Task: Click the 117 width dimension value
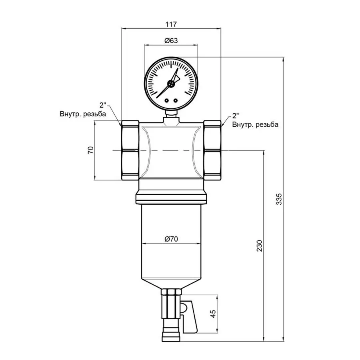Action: [x=171, y=24]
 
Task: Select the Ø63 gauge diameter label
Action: [x=171, y=41]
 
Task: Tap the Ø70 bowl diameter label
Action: [x=171, y=239]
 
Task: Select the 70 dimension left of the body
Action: [x=90, y=150]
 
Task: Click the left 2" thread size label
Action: [x=103, y=106]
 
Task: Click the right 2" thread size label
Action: [x=236, y=116]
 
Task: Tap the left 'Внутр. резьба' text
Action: [x=83, y=114]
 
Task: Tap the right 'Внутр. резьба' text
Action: [x=255, y=124]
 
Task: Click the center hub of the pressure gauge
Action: [x=171, y=83]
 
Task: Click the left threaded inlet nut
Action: [x=130, y=150]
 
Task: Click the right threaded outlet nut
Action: [x=212, y=150]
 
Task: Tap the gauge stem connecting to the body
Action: [x=171, y=116]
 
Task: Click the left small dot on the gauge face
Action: [x=168, y=100]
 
